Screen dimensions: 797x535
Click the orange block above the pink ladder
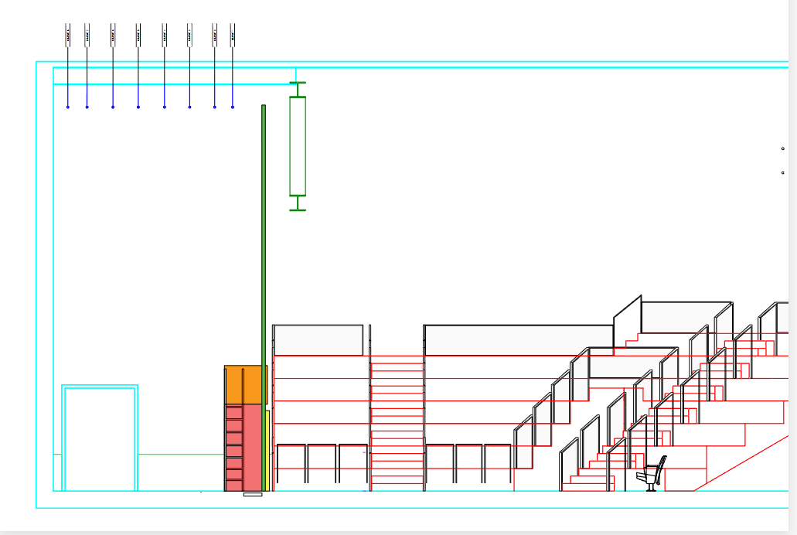[x=245, y=384]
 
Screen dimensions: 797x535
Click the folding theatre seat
[x=652, y=473]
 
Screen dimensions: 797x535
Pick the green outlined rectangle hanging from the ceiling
[x=298, y=146]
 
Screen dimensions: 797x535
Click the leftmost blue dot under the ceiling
[x=68, y=107]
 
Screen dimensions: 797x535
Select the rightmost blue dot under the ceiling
[x=233, y=107]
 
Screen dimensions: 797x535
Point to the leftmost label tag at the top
[x=68, y=35]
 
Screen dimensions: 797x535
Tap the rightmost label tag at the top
[x=233, y=35]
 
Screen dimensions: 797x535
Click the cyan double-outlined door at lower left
[x=100, y=438]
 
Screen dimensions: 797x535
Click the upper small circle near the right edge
[x=783, y=148]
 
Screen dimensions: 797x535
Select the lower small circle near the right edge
[x=783, y=172]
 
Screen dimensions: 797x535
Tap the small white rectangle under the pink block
[x=253, y=494]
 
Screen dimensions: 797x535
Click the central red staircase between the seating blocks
[x=397, y=421]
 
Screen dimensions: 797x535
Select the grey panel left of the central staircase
[x=318, y=340]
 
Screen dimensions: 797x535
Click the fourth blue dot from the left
[x=138, y=107]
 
